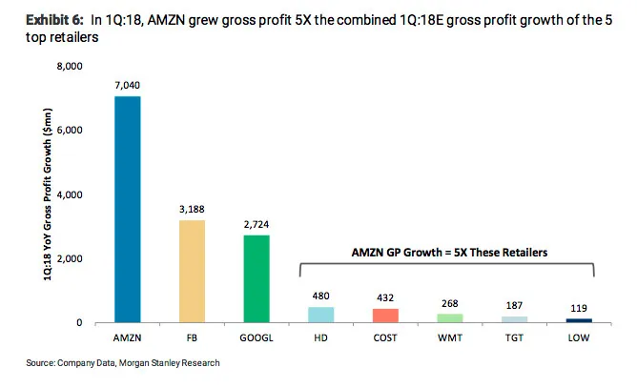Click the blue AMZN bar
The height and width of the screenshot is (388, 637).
(x=128, y=209)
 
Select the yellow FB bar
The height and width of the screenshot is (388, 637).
(x=192, y=272)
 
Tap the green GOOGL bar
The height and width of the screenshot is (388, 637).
(x=257, y=278)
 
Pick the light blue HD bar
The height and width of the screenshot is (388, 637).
(x=321, y=315)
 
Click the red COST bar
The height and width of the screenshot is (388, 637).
(x=385, y=316)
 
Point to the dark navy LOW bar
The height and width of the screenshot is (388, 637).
(x=579, y=320)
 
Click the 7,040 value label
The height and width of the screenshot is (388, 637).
(x=127, y=85)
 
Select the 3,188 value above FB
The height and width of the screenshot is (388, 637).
(x=192, y=209)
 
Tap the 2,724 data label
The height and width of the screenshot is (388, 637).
(x=257, y=224)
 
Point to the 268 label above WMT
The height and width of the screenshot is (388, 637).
(x=450, y=303)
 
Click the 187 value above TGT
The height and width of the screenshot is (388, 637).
(x=514, y=305)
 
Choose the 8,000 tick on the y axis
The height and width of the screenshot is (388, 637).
(x=70, y=66)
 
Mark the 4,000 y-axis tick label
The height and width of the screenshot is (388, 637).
(x=70, y=195)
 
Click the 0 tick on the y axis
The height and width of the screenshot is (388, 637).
(x=79, y=322)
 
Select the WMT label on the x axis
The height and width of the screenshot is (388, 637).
(x=450, y=337)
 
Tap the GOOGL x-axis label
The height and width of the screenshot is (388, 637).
(x=257, y=337)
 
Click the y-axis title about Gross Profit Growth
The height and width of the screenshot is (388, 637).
(x=48, y=194)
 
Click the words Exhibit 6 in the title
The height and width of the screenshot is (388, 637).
(x=54, y=20)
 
